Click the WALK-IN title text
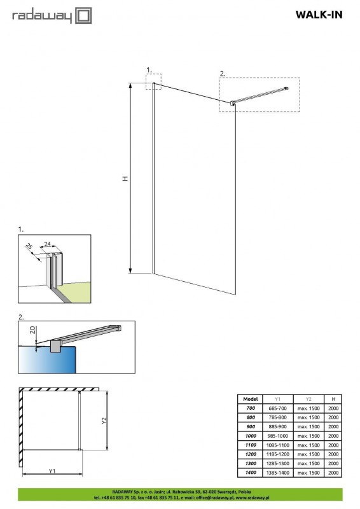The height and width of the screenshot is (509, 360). (319, 15)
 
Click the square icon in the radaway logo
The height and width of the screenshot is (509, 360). (83, 16)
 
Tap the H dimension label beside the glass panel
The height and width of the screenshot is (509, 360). (125, 178)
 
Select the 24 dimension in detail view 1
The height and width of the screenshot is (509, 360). (48, 244)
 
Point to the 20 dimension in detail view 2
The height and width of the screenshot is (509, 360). (32, 330)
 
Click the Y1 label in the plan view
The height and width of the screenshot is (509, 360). (52, 471)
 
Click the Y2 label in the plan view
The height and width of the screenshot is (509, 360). (104, 421)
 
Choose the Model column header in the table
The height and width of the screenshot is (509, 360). (250, 399)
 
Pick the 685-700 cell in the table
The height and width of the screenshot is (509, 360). (277, 408)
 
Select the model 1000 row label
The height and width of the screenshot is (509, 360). (251, 436)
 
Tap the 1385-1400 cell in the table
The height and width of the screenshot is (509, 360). (277, 473)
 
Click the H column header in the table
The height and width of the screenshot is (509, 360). (333, 399)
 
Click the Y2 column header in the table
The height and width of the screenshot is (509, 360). (308, 399)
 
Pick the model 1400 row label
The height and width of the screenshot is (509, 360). (251, 473)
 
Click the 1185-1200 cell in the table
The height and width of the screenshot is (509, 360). (277, 454)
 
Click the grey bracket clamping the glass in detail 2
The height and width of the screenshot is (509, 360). (55, 347)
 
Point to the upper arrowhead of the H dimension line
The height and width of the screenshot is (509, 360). (130, 86)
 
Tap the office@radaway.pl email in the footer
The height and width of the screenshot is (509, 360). (214, 498)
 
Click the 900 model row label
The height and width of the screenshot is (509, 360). (251, 426)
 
